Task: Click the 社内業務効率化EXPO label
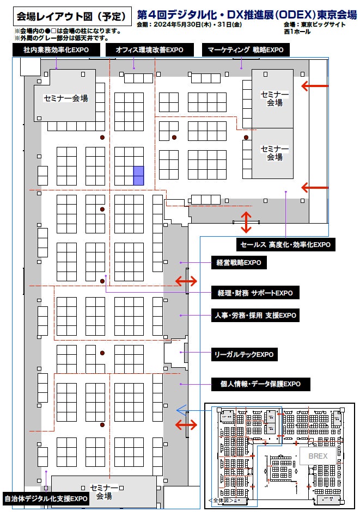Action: pos(56,50)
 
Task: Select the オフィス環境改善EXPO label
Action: pos(149,50)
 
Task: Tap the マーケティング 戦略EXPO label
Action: pos(246,50)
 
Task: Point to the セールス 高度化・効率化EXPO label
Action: pos(285,245)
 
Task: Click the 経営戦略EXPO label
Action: pos(239,263)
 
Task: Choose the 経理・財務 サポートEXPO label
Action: pos(255,293)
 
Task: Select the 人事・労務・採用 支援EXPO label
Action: pos(255,315)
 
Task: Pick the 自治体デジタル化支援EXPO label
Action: pos(46,498)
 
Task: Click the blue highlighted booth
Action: pos(138,175)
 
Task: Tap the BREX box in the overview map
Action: pos(318,456)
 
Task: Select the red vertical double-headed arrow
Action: pos(246,222)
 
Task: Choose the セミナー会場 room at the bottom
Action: pos(104,491)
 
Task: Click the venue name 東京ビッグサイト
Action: pos(323,25)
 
